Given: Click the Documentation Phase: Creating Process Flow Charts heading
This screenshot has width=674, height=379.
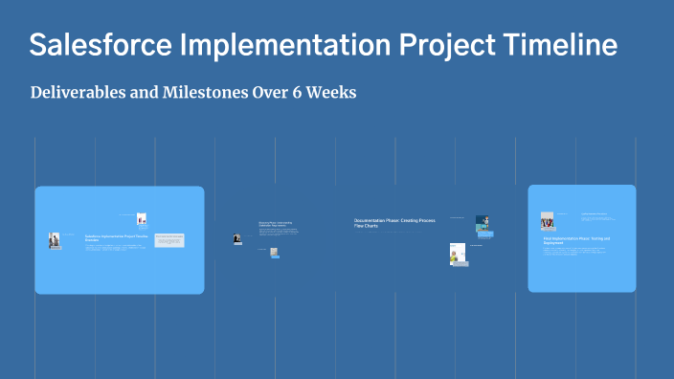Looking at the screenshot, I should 393,223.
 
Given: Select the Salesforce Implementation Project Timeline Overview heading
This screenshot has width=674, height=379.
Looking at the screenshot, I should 119,237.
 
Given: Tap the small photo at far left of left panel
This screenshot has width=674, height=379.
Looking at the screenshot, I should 55,240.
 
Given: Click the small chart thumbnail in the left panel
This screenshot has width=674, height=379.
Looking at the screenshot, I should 142,219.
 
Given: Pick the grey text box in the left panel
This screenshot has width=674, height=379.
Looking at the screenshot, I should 169,240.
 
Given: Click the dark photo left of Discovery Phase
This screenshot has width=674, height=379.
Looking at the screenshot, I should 237,239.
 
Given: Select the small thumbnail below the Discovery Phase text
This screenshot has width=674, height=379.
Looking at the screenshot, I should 274,253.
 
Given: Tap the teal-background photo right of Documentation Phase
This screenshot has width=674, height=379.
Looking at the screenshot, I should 483,222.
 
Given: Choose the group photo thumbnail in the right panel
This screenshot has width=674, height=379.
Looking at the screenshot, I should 548,221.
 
